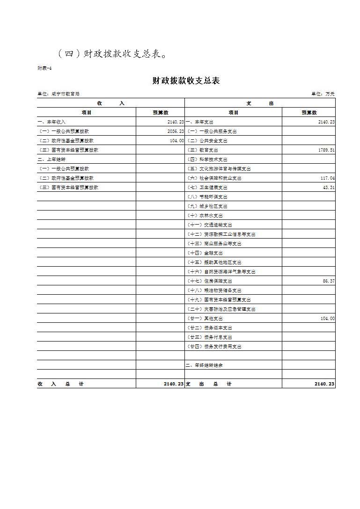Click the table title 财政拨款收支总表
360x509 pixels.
pyautogui.click(x=186, y=81)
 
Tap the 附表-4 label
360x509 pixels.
pyautogui.click(x=44, y=68)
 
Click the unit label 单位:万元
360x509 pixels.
pyautogui.click(x=323, y=94)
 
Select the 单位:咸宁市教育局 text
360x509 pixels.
pyautogui.click(x=59, y=94)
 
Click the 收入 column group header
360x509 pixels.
pyautogui.click(x=111, y=103)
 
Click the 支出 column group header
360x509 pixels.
pyautogui.click(x=260, y=103)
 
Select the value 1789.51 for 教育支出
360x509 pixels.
pyautogui.click(x=325, y=150)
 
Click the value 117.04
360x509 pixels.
pyautogui.click(x=327, y=178)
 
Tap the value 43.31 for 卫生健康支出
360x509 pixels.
pyautogui.click(x=328, y=188)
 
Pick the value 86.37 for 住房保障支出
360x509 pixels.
pyautogui.click(x=328, y=281)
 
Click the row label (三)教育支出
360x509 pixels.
pyautogui.click(x=203, y=150)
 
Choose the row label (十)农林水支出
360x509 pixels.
pyautogui.click(x=205, y=216)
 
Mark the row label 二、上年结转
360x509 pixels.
pyautogui.click(x=52, y=160)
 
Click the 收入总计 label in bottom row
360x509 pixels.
pyautogui.click(x=61, y=384)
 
